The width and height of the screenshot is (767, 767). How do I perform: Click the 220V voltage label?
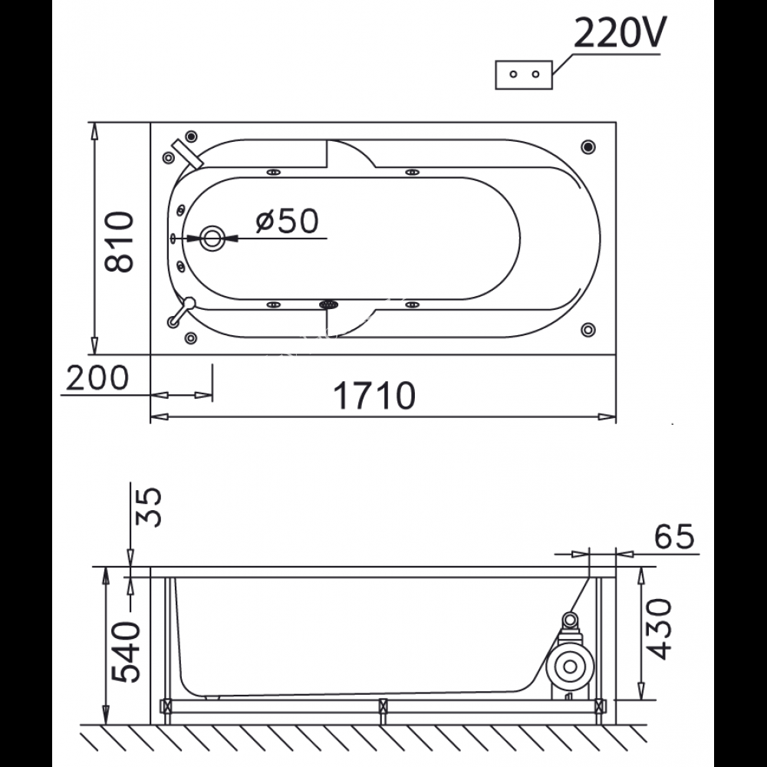(x=619, y=32)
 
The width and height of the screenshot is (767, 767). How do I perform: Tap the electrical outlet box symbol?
(x=524, y=75)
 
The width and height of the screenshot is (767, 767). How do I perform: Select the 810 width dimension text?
(x=119, y=242)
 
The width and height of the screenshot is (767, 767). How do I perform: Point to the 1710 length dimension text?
(x=374, y=395)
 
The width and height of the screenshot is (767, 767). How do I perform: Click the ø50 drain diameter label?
(x=287, y=221)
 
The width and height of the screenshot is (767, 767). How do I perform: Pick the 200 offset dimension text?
(x=97, y=378)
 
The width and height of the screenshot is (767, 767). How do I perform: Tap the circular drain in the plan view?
(x=212, y=239)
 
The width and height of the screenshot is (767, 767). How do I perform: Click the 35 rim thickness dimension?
(x=148, y=506)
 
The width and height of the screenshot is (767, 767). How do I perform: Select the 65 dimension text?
(x=674, y=536)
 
